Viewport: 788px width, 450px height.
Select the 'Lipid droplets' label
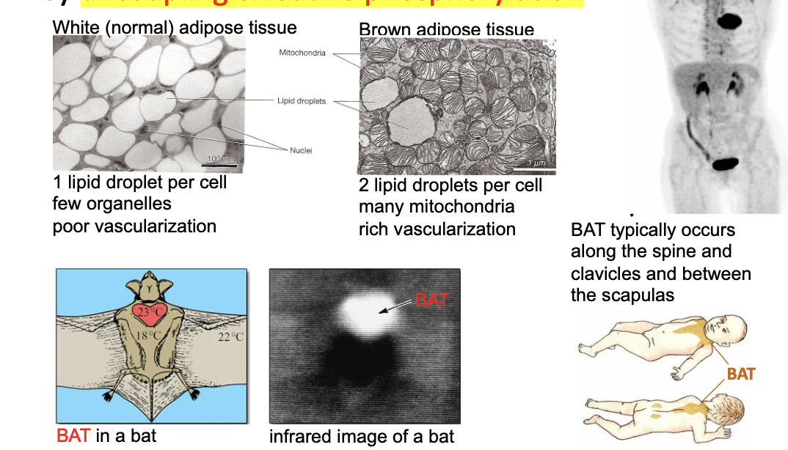(x=302, y=101)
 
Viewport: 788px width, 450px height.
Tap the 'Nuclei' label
(x=301, y=150)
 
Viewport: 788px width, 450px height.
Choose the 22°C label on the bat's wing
(x=230, y=337)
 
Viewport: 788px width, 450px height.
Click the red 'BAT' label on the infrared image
(x=431, y=300)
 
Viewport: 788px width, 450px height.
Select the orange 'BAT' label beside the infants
(x=741, y=374)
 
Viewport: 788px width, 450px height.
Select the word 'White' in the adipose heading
(x=76, y=28)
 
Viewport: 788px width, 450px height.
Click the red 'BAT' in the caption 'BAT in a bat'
(x=73, y=435)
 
